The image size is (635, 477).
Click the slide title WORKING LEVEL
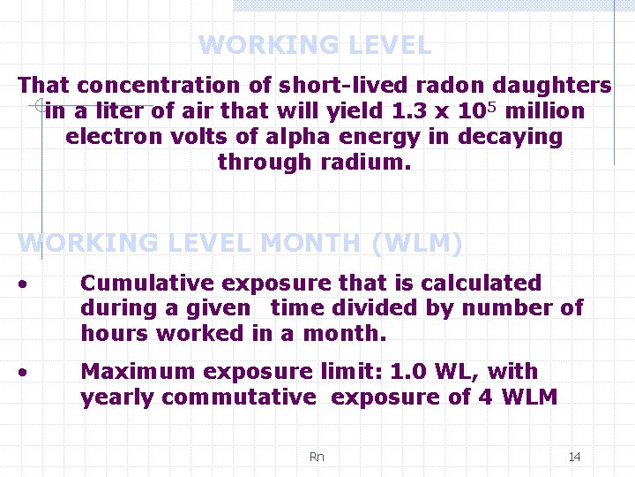315,45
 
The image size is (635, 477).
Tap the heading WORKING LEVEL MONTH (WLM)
240,243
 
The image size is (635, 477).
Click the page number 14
574,457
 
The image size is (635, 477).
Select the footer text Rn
317,457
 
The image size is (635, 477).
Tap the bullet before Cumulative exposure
28,284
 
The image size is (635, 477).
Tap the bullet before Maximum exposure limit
28,373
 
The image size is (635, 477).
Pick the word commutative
238,397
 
